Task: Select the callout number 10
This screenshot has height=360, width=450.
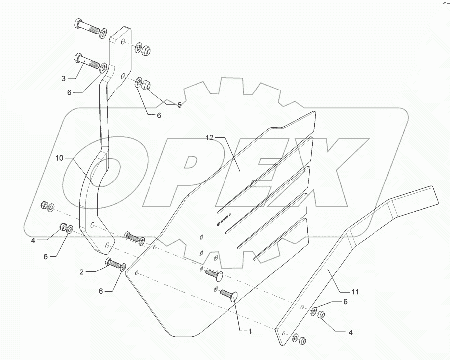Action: [x=59, y=158]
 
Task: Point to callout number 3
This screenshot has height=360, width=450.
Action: [x=64, y=78]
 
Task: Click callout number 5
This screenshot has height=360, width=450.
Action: [x=179, y=105]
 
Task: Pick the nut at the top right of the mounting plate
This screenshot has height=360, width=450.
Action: [x=147, y=51]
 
